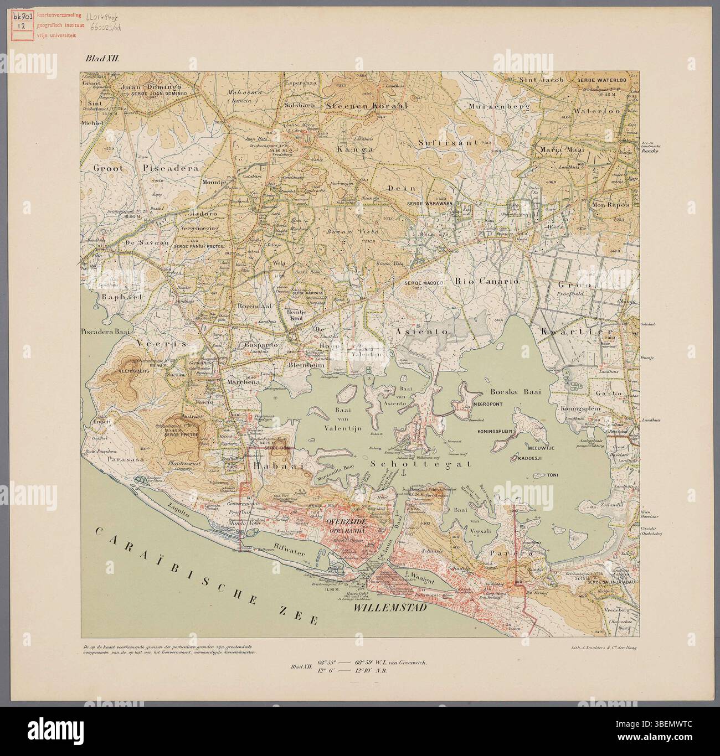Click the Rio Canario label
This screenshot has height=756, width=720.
coord(486,282)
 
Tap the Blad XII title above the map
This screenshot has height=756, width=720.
coord(99,58)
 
